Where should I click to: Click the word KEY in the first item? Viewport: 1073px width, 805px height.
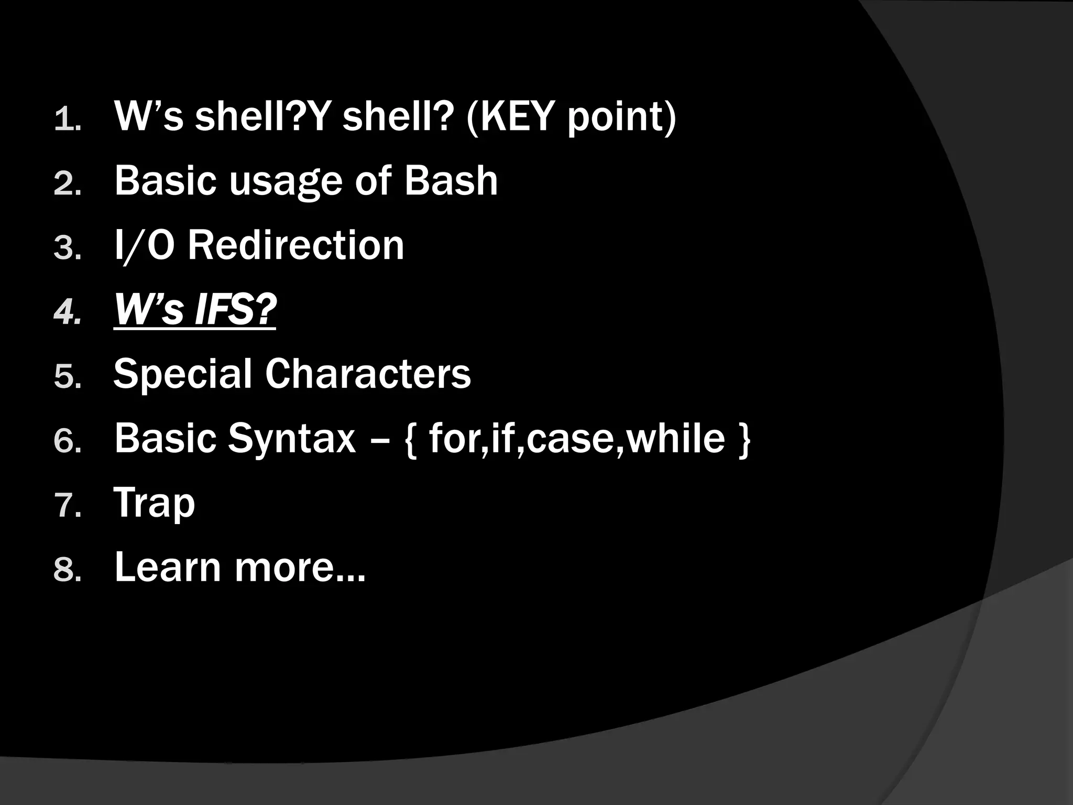518,116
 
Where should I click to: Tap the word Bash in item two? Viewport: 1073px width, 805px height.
451,181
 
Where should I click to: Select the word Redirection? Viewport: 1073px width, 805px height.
296,245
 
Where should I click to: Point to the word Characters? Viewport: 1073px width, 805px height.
368,374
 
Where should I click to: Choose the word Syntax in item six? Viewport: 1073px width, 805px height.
291,439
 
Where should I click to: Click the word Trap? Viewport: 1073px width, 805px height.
154,503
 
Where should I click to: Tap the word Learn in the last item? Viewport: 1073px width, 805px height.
168,568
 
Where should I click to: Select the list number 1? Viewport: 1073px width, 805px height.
65,119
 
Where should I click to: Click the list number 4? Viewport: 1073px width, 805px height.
65,313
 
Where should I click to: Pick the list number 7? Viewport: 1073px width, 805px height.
65,506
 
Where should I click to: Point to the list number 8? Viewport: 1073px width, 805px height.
65,571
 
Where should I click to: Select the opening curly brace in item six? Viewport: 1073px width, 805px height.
411,440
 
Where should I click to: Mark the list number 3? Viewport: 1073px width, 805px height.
65,248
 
